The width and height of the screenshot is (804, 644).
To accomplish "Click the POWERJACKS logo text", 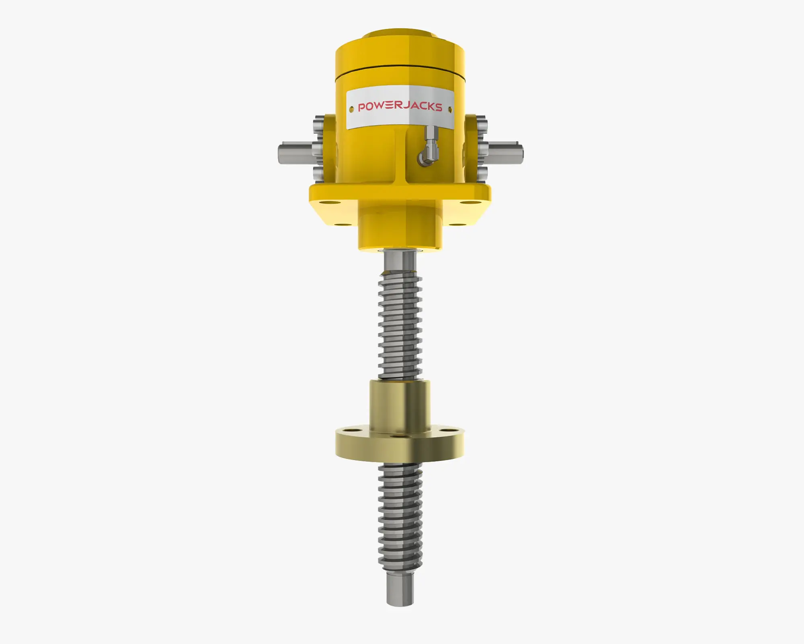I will (400, 107).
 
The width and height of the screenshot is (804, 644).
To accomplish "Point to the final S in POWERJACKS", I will (438, 107).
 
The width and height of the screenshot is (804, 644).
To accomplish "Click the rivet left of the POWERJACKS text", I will (351, 109).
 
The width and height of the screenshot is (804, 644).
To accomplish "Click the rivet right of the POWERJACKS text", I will (450, 109).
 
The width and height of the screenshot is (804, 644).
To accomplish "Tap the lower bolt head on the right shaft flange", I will (482, 174).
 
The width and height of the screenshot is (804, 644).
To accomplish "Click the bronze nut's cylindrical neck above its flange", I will (400, 405).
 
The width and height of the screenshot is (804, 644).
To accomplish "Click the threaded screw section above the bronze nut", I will (400, 326).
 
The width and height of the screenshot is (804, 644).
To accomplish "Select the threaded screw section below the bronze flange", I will (400, 519).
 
